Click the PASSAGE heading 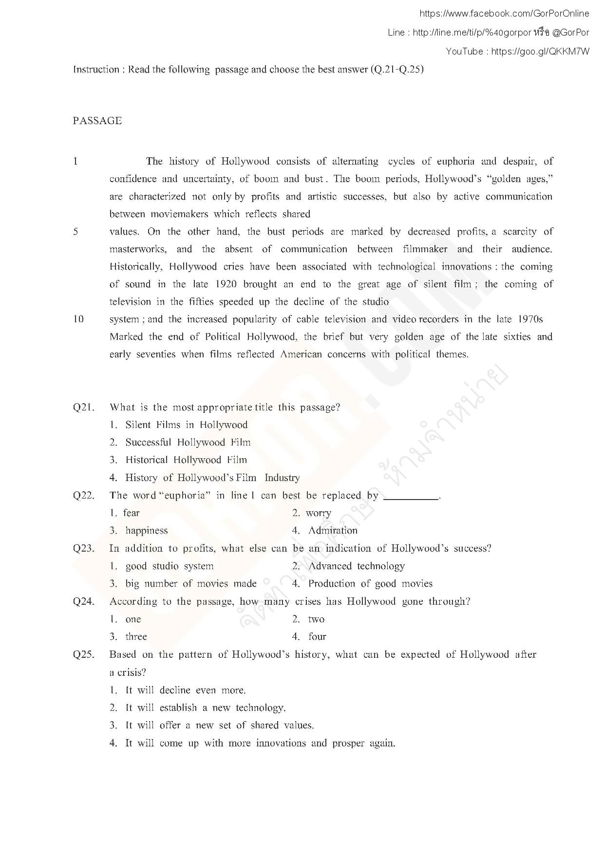(97, 121)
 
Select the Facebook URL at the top (504, 14)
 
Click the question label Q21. (84, 407)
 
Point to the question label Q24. (84, 601)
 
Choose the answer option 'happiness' (146, 531)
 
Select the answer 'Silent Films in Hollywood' (186, 425)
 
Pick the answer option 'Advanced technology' (356, 566)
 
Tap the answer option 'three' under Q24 (136, 637)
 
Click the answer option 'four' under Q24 (317, 637)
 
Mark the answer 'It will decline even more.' (185, 690)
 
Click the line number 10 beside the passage (78, 319)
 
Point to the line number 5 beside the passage (75, 232)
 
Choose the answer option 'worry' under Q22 (319, 513)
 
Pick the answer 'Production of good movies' (370, 583)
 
